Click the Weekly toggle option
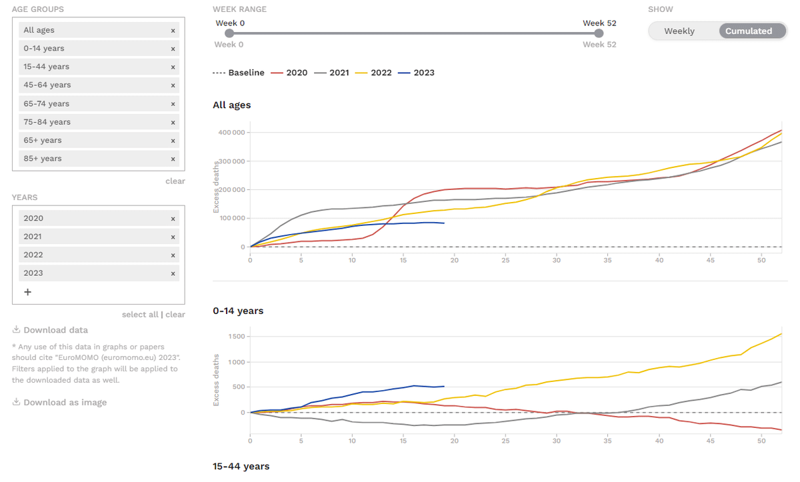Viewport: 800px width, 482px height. pyautogui.click(x=679, y=31)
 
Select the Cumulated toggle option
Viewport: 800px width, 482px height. pyautogui.click(x=749, y=31)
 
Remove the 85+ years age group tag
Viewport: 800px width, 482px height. pyautogui.click(x=173, y=159)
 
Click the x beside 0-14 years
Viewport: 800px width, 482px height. pyautogui.click(x=173, y=49)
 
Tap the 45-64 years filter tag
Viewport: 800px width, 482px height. pyautogui.click(x=47, y=85)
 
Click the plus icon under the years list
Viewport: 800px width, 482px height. pyautogui.click(x=27, y=292)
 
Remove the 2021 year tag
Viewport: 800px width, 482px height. pyautogui.click(x=173, y=237)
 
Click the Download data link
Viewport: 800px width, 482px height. pyautogui.click(x=55, y=330)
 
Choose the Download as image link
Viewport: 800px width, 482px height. pyautogui.click(x=65, y=402)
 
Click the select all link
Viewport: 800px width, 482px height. pyautogui.click(x=140, y=315)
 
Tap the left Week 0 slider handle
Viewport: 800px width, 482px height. pyautogui.click(x=229, y=33)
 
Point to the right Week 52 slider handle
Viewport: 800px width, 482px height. pyautogui.click(x=599, y=33)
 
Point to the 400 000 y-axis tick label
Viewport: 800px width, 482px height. pyautogui.click(x=232, y=132)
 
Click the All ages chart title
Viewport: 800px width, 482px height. pyautogui.click(x=232, y=105)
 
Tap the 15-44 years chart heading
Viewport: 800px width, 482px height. pyautogui.click(x=241, y=466)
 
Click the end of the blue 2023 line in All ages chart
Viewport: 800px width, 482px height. pyautogui.click(x=444, y=223)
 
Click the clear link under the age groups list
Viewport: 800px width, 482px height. pyautogui.click(x=175, y=181)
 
